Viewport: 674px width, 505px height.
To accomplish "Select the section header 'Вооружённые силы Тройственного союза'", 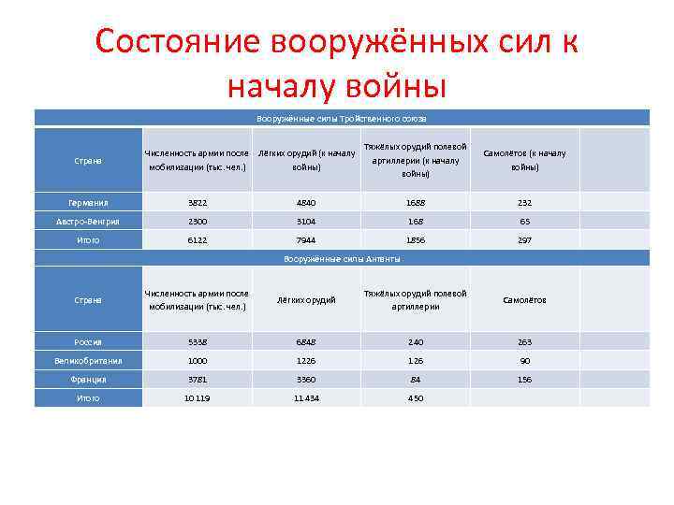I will (342, 118).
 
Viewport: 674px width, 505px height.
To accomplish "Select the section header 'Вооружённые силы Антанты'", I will (342, 258).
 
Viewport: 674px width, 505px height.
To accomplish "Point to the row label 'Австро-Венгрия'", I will (88, 221).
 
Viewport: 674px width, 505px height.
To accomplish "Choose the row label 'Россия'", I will (88, 342).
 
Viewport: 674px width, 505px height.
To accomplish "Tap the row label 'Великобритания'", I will (88, 360).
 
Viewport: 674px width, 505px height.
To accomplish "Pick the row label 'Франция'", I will (88, 380).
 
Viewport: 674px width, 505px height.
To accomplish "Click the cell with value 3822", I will (197, 202).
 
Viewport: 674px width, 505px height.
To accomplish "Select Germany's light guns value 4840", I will (306, 202).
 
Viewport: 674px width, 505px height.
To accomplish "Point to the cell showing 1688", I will (415, 202).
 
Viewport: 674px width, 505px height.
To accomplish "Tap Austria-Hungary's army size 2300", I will (197, 221).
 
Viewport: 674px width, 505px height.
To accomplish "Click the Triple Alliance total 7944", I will (306, 239).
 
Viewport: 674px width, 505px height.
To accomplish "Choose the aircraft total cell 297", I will (524, 239).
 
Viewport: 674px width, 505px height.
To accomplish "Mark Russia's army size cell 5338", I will (197, 342).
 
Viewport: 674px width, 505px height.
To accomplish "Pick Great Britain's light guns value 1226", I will (306, 360).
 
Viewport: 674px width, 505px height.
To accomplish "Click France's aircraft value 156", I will (524, 380).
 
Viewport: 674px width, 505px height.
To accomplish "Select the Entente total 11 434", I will (306, 398).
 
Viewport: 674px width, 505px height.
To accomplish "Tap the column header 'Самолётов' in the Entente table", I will (524, 300).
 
